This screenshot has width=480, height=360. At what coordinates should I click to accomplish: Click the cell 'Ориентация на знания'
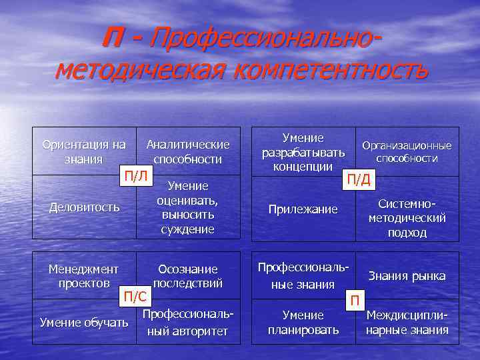(x=83, y=152)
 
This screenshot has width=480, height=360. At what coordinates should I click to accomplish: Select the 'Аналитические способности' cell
(x=188, y=152)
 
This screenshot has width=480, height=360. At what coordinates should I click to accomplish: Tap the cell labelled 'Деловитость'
(x=84, y=207)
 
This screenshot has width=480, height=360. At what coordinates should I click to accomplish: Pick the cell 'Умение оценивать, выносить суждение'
(x=188, y=207)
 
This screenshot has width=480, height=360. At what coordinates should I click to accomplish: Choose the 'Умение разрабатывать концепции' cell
(x=303, y=152)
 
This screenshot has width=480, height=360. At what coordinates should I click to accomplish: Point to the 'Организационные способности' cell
(x=407, y=152)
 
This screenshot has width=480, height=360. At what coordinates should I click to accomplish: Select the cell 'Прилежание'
(x=303, y=209)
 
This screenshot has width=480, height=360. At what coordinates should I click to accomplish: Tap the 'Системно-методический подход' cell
(x=407, y=217)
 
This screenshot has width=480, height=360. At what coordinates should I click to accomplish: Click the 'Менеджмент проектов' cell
(x=83, y=276)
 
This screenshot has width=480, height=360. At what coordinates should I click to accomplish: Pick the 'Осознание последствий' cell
(x=187, y=276)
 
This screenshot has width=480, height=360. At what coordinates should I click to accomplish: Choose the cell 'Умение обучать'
(x=84, y=323)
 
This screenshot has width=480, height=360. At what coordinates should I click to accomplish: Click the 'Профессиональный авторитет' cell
(x=187, y=323)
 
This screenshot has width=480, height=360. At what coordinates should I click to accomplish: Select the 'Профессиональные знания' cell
(x=303, y=276)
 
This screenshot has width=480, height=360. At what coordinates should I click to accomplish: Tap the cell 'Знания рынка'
(x=407, y=276)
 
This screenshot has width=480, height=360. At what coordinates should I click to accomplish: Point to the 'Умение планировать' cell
(x=303, y=323)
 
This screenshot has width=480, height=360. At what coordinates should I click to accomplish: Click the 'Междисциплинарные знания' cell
(x=407, y=323)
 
